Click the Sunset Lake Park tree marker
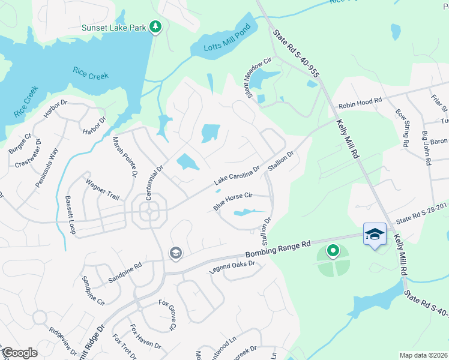pos(155,27)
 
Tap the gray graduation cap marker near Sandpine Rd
pos(175,252)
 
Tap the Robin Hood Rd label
pos(360,104)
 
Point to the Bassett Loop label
pos(70,215)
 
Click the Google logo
pos(20,353)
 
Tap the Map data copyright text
pos(423,355)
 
